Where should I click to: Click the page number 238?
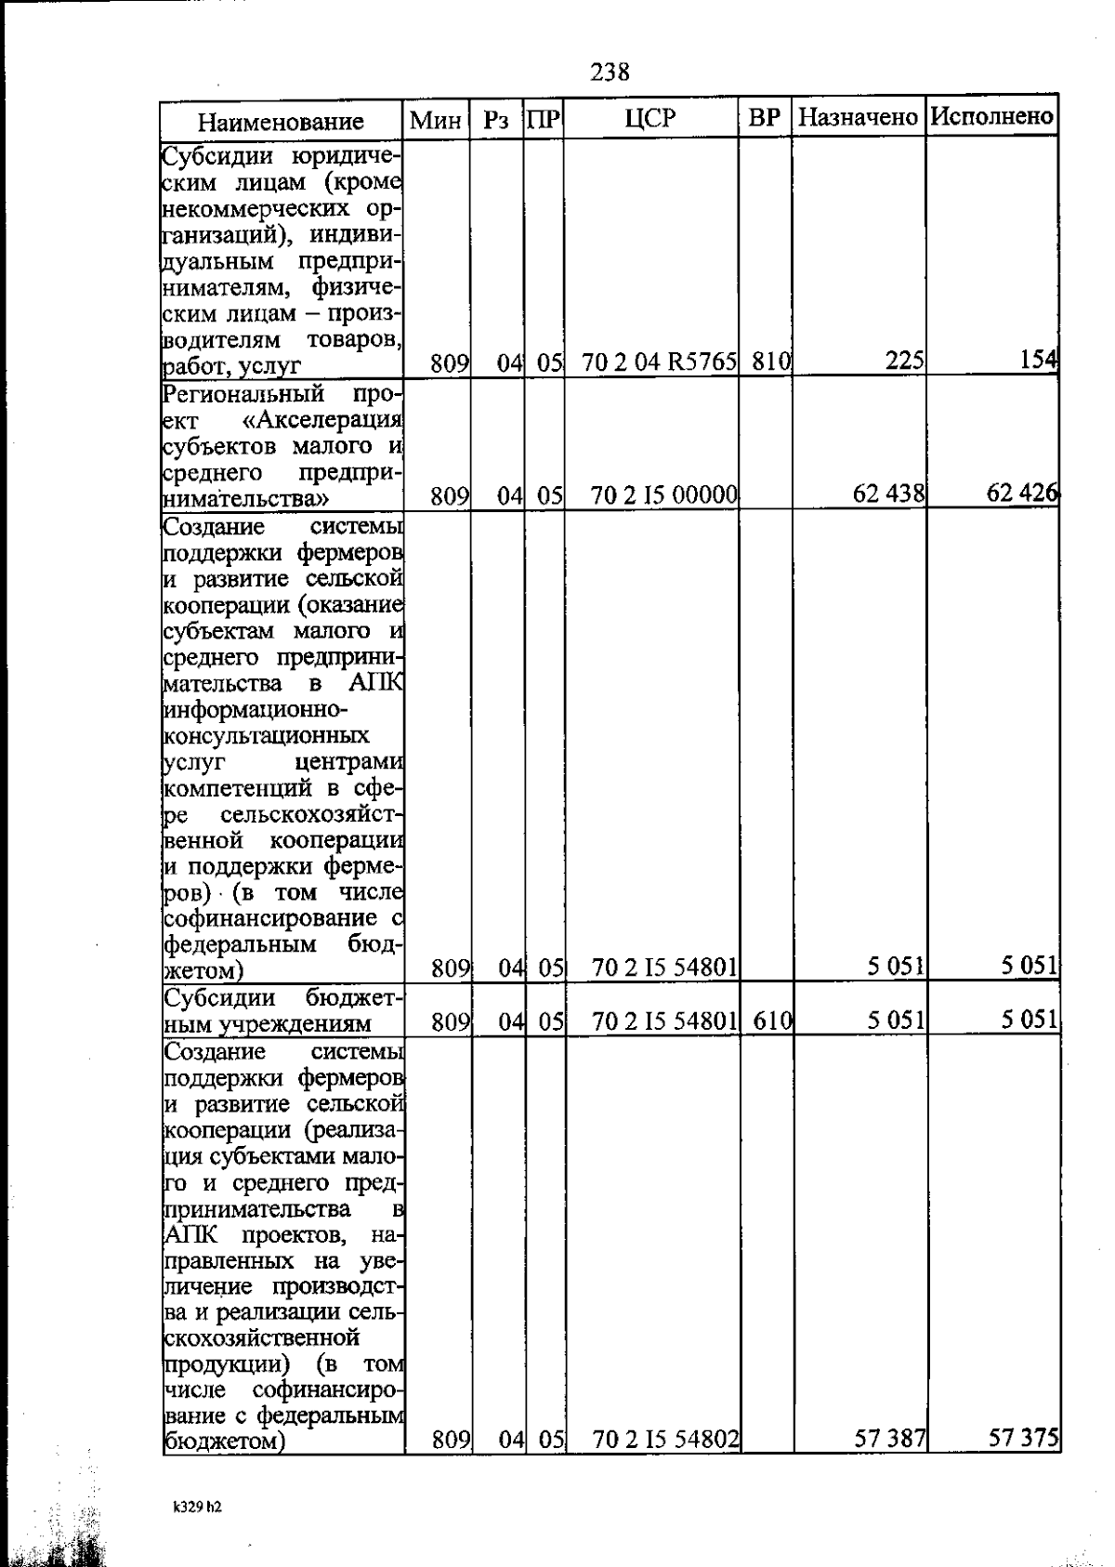pos(610,72)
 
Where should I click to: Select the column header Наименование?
pos(280,122)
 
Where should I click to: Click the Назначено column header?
pos(859,118)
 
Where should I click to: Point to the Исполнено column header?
pos(992,117)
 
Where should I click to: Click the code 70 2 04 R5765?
pos(659,362)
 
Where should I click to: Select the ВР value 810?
pos(770,361)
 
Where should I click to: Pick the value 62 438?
pos(888,494)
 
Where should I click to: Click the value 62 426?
pos(1021,493)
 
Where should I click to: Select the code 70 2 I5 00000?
pos(664,495)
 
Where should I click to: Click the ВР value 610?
pos(771,1021)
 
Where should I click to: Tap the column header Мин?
pos(436,120)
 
